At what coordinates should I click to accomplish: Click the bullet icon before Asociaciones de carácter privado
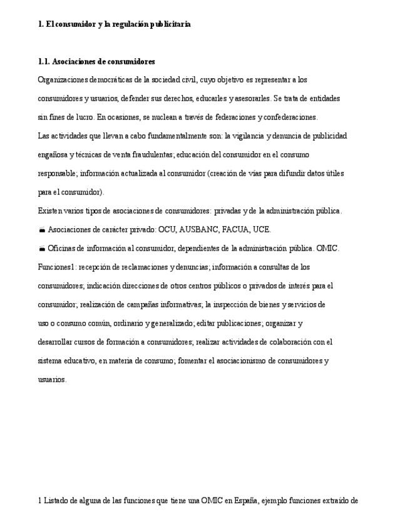pyautogui.click(x=41, y=230)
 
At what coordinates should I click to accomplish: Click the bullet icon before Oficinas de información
pyautogui.click(x=41, y=249)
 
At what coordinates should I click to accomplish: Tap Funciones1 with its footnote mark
pyautogui.click(x=56, y=267)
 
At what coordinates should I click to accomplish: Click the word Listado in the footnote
pyautogui.click(x=56, y=501)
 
